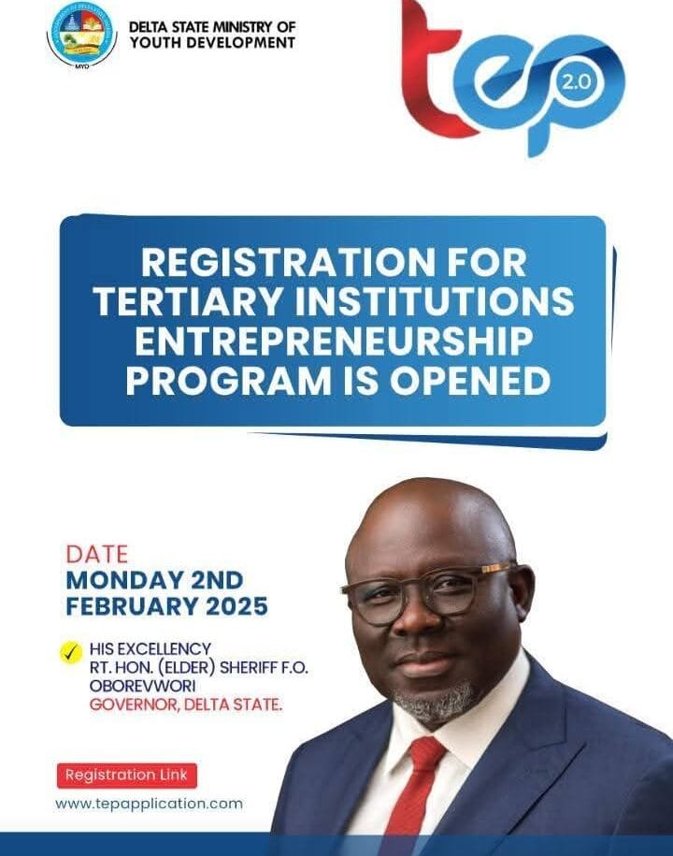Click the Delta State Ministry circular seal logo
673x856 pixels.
click(x=83, y=34)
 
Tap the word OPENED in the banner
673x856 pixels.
click(x=475, y=380)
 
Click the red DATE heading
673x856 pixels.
click(x=97, y=554)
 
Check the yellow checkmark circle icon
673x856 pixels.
click(x=71, y=651)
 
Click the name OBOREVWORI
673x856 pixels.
click(x=136, y=687)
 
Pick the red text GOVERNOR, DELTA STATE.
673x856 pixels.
click(x=185, y=704)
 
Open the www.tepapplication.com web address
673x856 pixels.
click(x=150, y=804)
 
